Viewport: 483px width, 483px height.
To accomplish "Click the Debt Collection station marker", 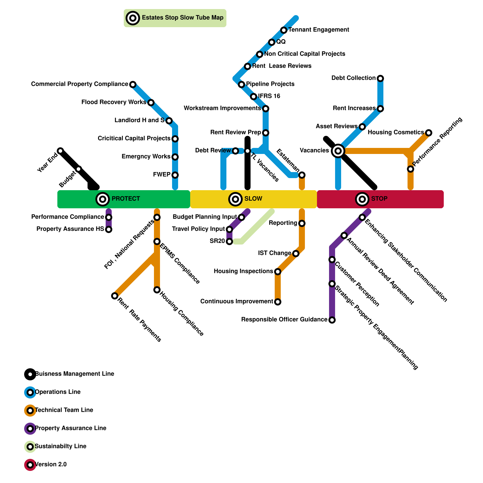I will [380, 78].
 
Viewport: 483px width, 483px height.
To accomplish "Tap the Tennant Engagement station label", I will [318, 30].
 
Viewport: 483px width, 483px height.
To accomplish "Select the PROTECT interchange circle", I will [103, 199].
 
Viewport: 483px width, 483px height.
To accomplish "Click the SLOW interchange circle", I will [235, 199].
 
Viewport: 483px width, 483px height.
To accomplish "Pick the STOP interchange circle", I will [362, 199].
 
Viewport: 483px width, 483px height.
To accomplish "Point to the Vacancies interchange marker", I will [338, 151].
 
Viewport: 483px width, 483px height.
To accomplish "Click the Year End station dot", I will [60, 151].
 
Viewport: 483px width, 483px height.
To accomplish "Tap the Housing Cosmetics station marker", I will [429, 133].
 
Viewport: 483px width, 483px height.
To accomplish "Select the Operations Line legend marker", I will [30, 392].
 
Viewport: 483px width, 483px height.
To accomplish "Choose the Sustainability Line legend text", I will [61, 446].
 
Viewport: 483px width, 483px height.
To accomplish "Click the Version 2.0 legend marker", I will [30, 465].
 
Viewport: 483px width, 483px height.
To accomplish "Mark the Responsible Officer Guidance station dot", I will [332, 320].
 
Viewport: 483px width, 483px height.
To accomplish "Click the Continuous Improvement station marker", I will [278, 302].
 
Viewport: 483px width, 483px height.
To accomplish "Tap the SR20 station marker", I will [229, 241].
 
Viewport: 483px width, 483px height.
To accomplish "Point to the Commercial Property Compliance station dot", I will [133, 84].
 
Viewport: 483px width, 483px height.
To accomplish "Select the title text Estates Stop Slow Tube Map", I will [183, 18].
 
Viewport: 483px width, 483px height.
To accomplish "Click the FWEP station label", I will [162, 174].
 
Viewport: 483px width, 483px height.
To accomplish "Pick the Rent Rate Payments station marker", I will [115, 296].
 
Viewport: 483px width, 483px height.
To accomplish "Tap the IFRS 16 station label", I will [269, 96].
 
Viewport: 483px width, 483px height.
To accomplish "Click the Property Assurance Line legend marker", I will [30, 429].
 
